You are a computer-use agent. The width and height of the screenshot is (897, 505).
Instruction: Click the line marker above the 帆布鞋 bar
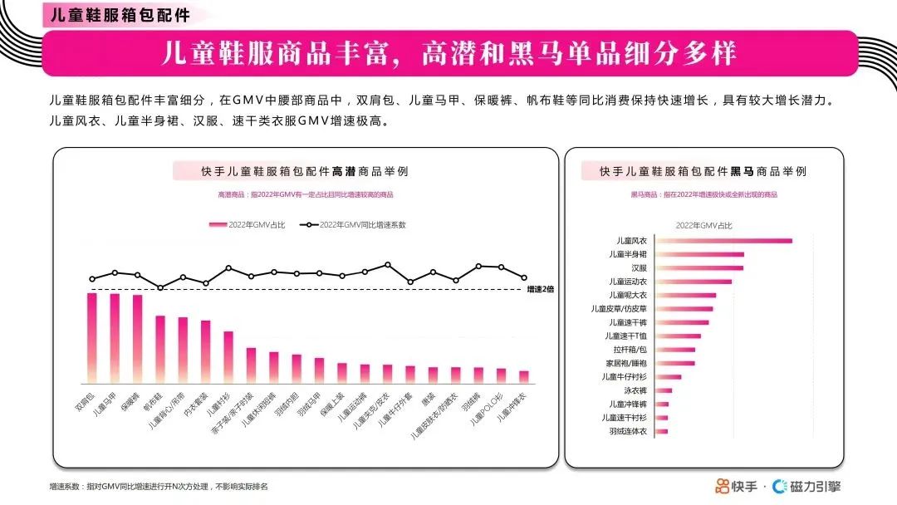160,287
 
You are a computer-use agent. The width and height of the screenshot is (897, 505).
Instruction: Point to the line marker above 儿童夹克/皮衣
387,265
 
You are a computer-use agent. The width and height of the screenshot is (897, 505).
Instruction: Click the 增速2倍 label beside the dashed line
540,289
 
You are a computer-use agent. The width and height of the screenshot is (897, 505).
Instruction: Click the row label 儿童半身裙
627,254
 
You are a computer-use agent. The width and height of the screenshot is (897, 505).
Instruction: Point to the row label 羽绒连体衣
627,431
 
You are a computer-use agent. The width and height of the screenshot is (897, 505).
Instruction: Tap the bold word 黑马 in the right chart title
742,171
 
